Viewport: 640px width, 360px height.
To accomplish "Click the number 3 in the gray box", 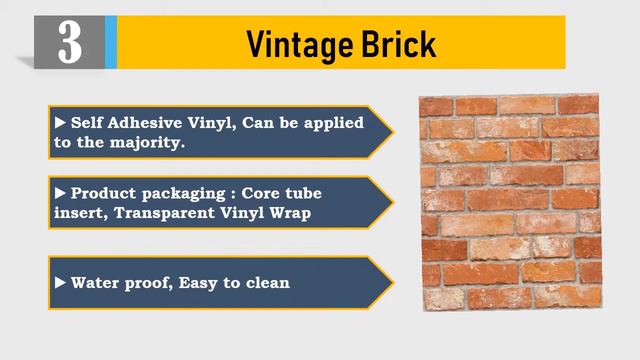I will [x=69, y=42].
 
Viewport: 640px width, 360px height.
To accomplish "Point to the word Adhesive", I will [x=148, y=122].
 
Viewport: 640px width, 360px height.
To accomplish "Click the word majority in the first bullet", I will [x=152, y=142].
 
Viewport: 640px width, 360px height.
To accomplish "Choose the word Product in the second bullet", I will [x=105, y=192].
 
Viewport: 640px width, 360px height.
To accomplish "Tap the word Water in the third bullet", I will [x=93, y=282].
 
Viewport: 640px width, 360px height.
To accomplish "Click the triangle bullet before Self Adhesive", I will [x=61, y=122].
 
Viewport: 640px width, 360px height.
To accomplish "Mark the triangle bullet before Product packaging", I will [x=61, y=192].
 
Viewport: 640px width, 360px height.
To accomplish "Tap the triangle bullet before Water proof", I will [x=61, y=282].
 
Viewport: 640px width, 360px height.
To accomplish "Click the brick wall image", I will [x=509, y=201].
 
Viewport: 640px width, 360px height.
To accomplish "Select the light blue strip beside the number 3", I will [x=111, y=42].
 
